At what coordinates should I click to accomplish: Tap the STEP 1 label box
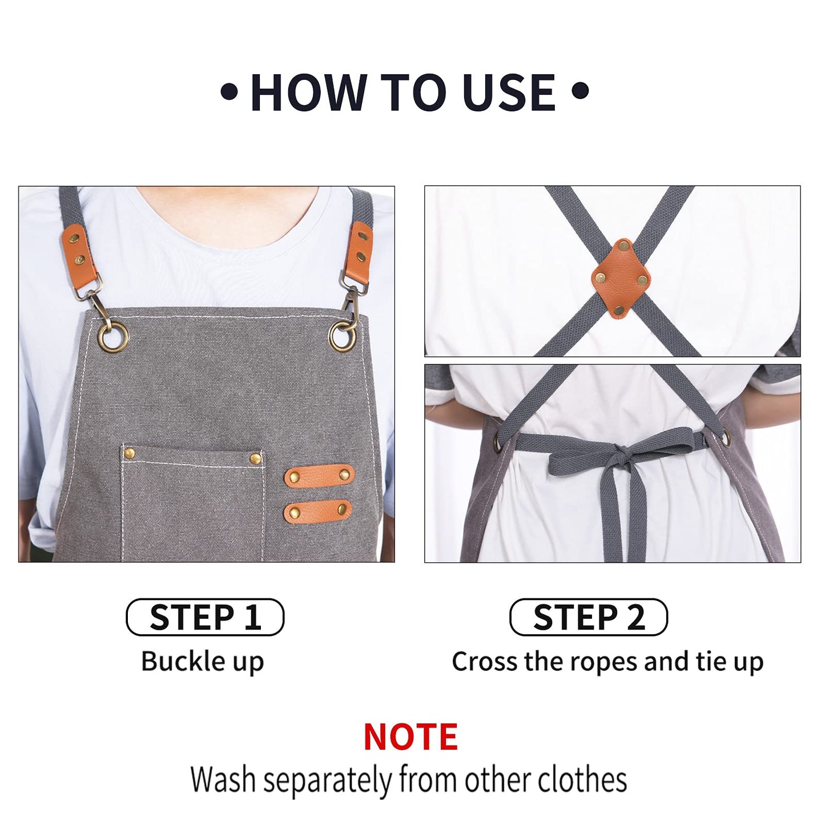click(x=205, y=617)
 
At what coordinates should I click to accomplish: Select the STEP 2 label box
click(x=588, y=617)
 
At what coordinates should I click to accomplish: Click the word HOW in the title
click(x=309, y=92)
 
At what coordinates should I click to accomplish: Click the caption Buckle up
click(x=203, y=662)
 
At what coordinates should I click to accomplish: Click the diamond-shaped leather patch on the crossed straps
click(x=621, y=278)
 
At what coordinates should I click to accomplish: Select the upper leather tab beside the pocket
click(x=319, y=475)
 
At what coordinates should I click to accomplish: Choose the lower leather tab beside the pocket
click(x=318, y=510)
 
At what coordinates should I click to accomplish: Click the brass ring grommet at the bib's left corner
click(x=112, y=337)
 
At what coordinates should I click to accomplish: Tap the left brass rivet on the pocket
click(x=130, y=453)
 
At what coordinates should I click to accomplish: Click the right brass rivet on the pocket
click(x=256, y=458)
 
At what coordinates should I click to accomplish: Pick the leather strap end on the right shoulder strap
click(x=360, y=247)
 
